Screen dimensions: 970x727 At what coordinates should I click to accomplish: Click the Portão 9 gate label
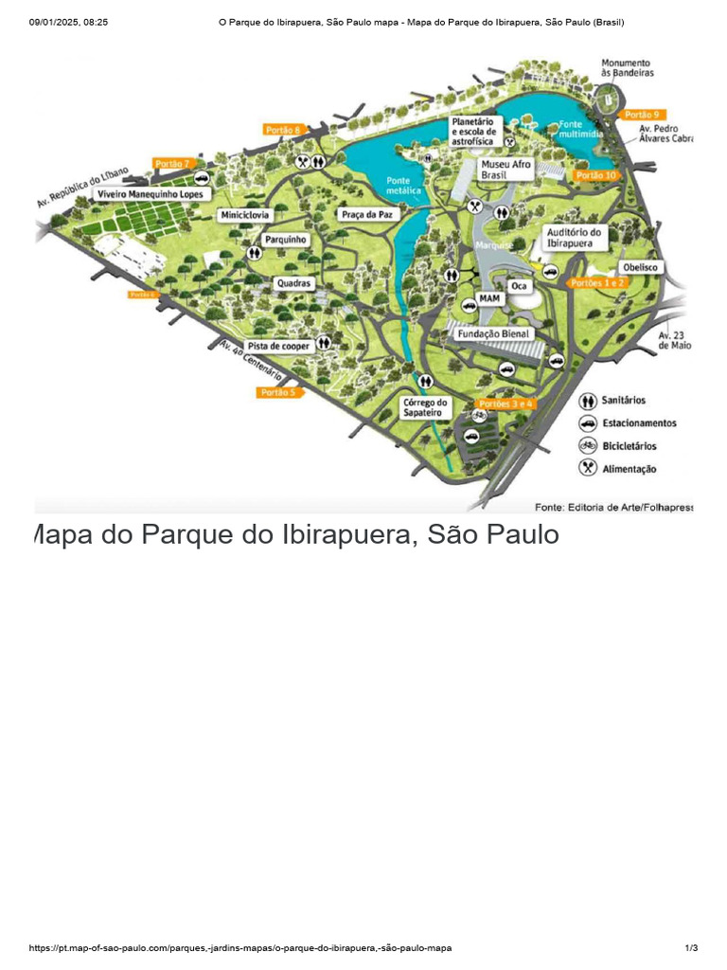(641, 115)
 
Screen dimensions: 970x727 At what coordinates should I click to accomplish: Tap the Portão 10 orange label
(596, 175)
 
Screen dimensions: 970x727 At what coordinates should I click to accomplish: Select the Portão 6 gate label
(282, 130)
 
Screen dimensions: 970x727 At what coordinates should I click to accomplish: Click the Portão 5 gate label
(277, 392)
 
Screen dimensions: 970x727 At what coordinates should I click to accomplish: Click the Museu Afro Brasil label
(505, 170)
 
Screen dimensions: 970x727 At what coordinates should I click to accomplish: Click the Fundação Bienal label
(493, 334)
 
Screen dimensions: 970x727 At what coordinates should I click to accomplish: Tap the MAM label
(489, 298)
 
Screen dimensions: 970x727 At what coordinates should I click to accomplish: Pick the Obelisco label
(639, 267)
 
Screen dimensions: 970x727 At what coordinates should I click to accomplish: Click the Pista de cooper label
(278, 347)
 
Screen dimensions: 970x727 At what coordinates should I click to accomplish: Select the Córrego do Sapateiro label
(425, 407)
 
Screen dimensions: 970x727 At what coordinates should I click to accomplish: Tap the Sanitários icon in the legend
(588, 401)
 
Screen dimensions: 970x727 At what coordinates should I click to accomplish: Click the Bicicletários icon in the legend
(588, 445)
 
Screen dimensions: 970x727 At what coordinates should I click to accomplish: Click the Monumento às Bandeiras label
(627, 67)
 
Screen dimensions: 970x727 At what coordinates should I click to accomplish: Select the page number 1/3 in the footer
(691, 948)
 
